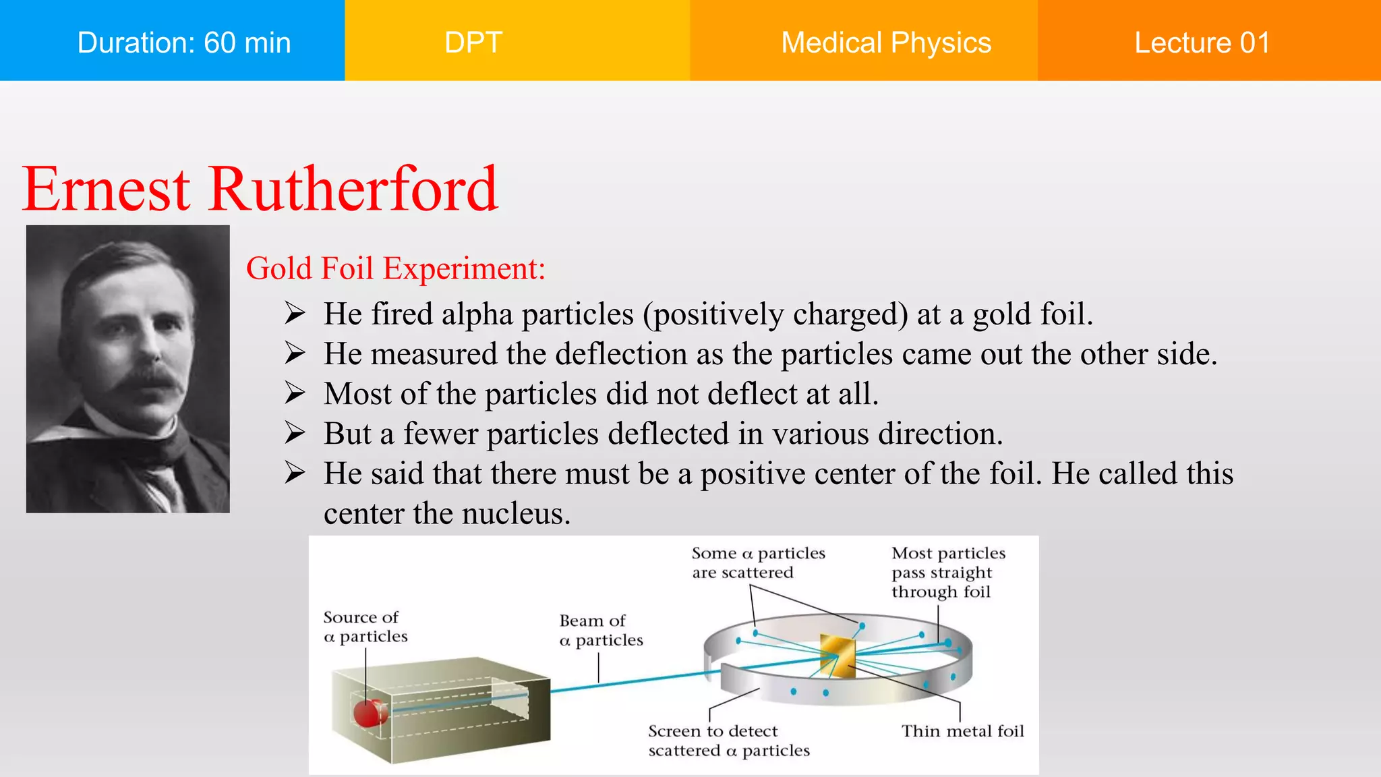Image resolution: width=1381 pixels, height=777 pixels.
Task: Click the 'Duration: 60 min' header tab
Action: [183, 42]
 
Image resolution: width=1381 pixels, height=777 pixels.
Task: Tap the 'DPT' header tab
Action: [473, 42]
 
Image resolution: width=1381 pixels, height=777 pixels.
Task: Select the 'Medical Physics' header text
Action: [885, 42]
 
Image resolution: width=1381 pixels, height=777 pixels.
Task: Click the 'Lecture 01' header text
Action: [1202, 42]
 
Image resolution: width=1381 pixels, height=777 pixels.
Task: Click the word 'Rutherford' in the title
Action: [353, 190]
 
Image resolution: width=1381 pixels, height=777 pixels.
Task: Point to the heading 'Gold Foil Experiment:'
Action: [395, 268]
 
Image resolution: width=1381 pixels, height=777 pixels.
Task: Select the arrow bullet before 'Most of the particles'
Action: [295, 393]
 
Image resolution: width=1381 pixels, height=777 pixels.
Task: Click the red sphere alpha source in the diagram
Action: [369, 712]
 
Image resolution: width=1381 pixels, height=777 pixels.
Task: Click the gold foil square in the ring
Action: [838, 655]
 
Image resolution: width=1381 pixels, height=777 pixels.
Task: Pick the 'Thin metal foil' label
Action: [962, 731]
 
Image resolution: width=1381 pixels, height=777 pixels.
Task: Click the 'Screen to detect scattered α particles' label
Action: [728, 741]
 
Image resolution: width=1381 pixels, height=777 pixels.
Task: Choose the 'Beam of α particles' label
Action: [601, 630]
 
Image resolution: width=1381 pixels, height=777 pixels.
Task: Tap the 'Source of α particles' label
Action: [365, 627]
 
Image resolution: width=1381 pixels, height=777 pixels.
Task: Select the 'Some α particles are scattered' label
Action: [758, 563]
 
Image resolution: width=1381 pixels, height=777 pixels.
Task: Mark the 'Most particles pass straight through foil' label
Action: [947, 572]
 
